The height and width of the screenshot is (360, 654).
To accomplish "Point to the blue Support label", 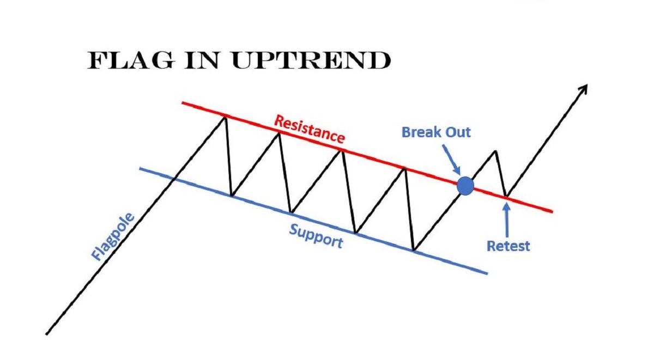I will coord(316,236).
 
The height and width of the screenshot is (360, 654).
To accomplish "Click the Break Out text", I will coord(436,132).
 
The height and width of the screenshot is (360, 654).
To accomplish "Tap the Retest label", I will coord(508,246).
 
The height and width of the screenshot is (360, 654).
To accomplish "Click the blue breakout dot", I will coord(465,186).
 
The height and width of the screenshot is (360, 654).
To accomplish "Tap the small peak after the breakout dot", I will coord(496,151).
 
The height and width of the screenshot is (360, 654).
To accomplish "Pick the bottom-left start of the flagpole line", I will coord(47,333).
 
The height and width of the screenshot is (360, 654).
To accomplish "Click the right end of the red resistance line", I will coord(552,211).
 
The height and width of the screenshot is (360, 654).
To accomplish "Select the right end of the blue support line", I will coord(487,273).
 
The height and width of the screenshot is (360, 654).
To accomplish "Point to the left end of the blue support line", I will coord(140,168).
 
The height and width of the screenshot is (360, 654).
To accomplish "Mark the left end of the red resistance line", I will coord(181,102).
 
